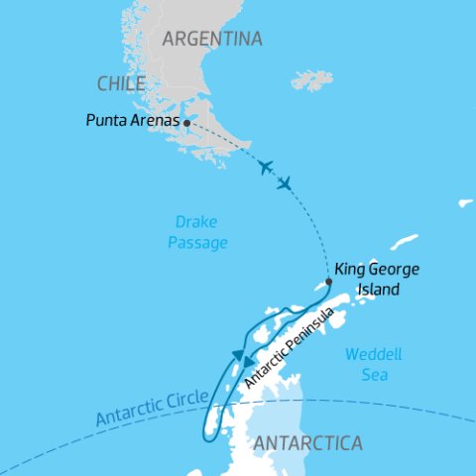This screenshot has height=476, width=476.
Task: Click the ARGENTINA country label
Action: click(x=212, y=40)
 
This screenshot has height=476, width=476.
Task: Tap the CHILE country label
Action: click(x=122, y=83)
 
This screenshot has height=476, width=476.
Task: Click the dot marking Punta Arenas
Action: click(x=187, y=124)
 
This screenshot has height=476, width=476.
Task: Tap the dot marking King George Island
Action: click(x=329, y=281)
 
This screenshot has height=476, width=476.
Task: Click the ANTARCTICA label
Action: click(x=308, y=443)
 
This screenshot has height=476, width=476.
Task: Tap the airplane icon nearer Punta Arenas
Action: click(x=264, y=167)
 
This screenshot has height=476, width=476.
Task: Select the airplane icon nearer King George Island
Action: click(x=285, y=183)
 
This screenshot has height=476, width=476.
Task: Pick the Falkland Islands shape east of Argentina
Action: click(x=313, y=79)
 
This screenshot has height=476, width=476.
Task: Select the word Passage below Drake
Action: click(x=204, y=243)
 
